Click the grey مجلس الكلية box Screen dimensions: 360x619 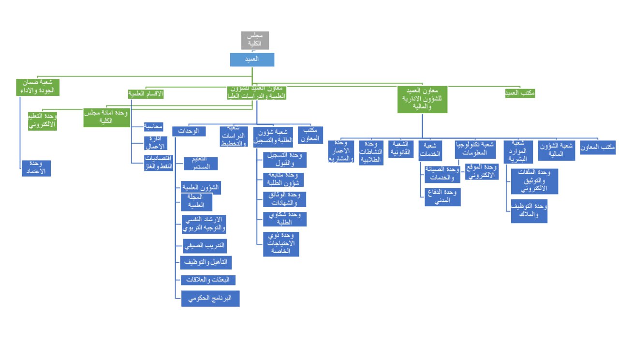tap(255, 41)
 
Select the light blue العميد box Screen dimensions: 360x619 tap(252, 59)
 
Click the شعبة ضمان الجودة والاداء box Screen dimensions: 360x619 tap(37, 87)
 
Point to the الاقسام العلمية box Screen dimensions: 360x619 tap(146, 94)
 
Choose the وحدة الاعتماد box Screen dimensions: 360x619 tap(36, 168)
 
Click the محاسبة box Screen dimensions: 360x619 tap(153, 127)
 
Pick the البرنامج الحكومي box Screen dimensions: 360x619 tap(210, 299)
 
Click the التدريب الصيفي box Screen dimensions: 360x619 tap(205, 246)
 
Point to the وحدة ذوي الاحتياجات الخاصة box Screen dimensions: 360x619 tap(281, 244)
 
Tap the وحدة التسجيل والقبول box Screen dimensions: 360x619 tap(284, 159)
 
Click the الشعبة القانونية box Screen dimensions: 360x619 tap(401, 149)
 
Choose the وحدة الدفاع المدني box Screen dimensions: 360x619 tap(442, 197)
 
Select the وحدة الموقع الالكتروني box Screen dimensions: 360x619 tap(482, 172)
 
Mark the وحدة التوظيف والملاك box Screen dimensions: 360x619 tap(529, 211)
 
